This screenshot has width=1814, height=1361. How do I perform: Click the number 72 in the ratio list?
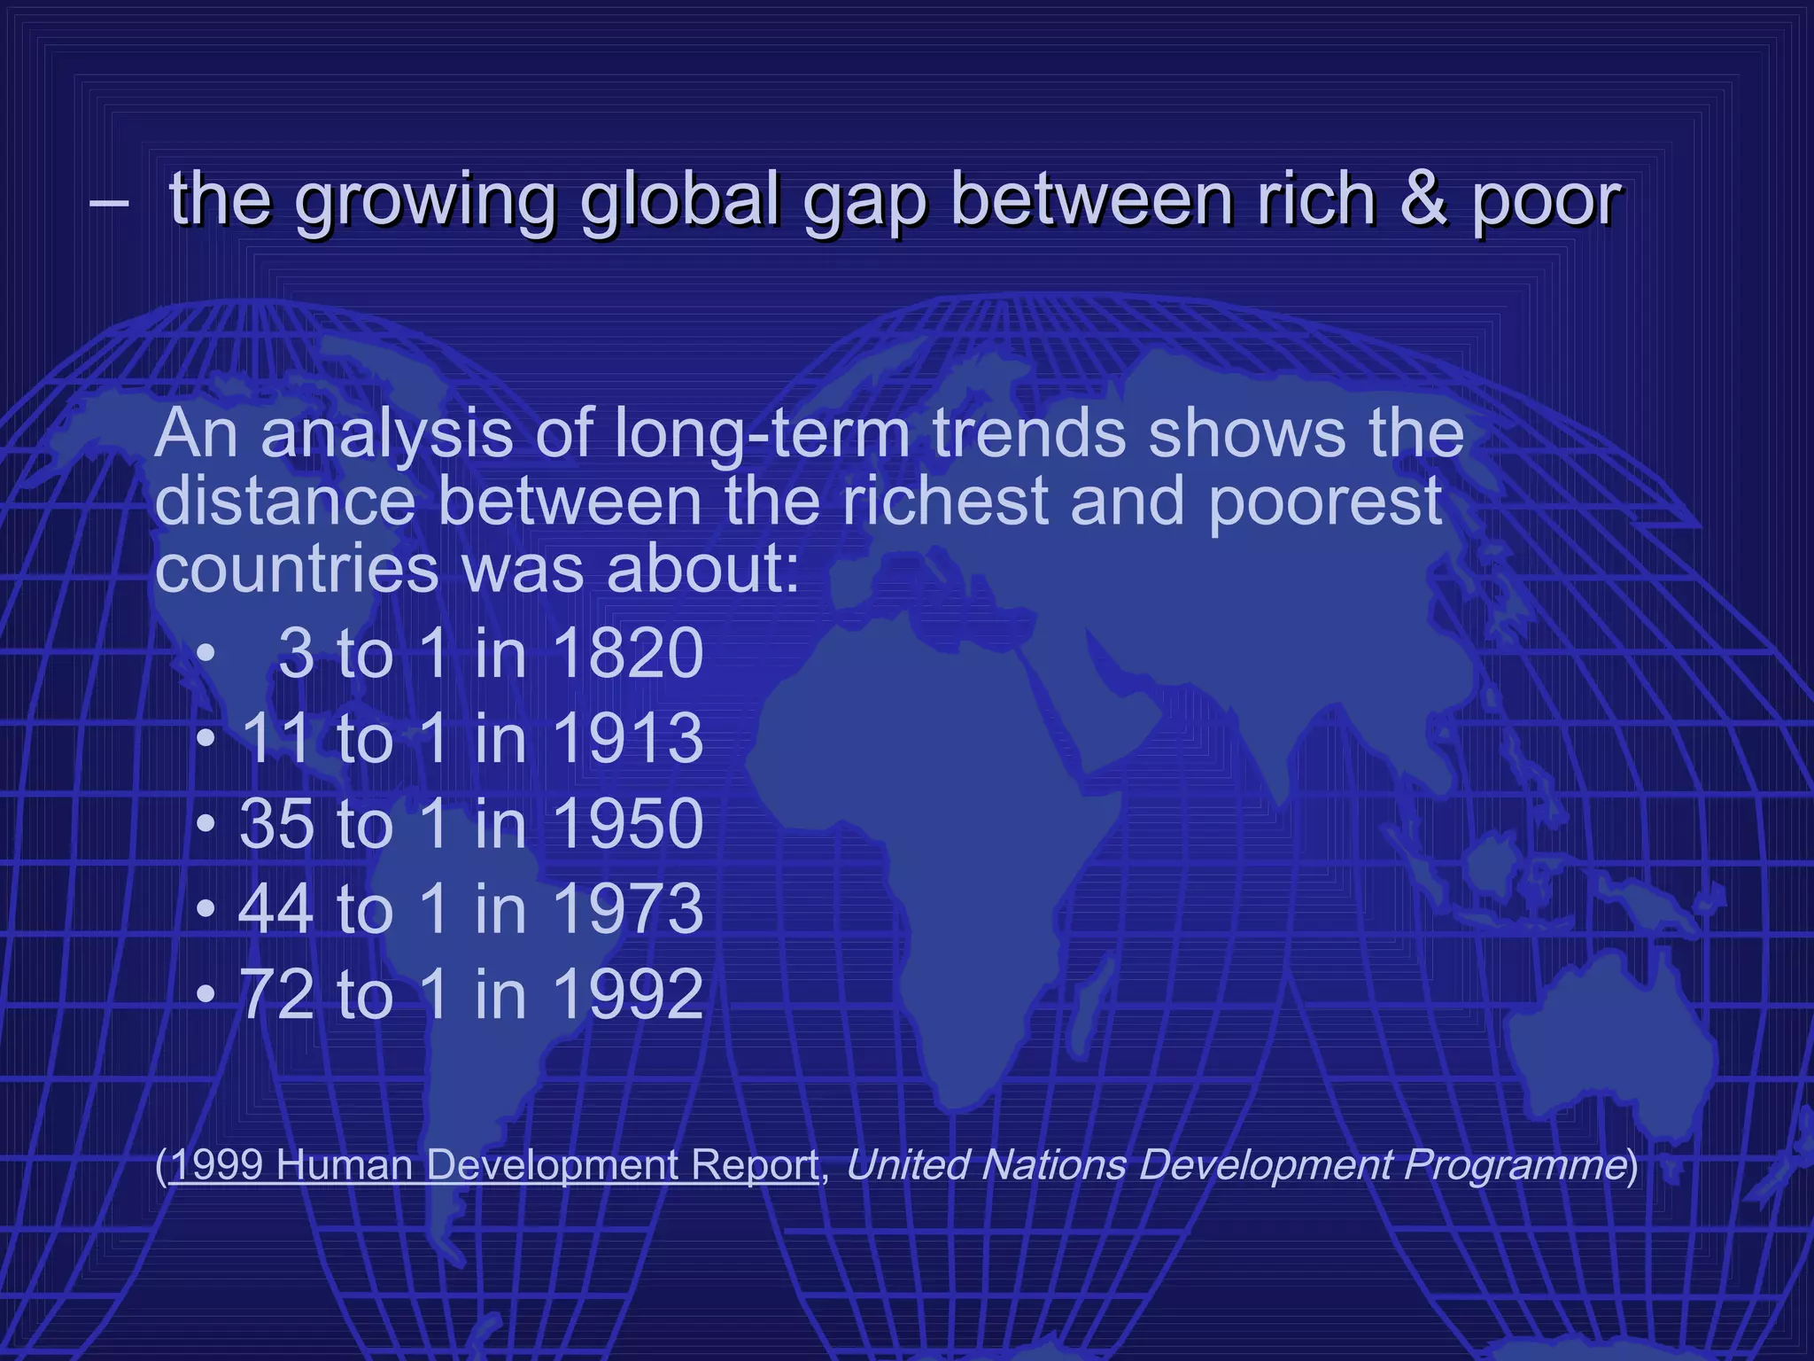275,993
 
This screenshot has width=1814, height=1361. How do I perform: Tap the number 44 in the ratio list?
275,908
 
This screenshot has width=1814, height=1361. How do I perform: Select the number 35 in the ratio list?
275,823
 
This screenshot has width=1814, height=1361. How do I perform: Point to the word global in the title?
680,198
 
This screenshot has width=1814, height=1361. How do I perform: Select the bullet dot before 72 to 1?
205,995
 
